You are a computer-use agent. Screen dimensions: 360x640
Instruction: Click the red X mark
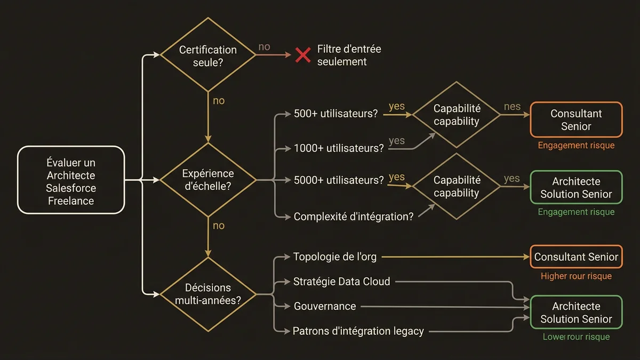(x=303, y=55)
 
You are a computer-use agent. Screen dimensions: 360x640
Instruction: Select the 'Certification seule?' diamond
(x=208, y=55)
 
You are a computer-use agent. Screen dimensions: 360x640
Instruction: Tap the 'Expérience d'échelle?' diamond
(x=208, y=180)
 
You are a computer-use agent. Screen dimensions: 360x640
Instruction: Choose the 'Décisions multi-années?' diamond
(x=208, y=294)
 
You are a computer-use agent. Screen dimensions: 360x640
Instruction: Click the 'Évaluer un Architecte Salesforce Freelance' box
(x=71, y=181)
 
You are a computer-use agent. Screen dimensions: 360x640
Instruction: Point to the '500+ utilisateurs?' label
(x=336, y=114)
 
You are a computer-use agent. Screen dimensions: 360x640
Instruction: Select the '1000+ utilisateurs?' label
(x=339, y=148)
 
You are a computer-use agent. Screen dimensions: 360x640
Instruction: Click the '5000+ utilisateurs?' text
(x=339, y=180)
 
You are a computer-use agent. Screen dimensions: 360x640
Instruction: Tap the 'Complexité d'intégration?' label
(x=354, y=217)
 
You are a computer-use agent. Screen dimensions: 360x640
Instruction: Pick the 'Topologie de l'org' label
(x=335, y=257)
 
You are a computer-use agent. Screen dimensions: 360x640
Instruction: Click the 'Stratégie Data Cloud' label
(x=342, y=281)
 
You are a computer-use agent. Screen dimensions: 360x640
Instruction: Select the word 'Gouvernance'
(x=325, y=306)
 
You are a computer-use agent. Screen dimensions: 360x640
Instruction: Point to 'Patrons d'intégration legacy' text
(x=358, y=331)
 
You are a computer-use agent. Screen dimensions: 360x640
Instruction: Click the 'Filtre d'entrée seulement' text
(x=349, y=55)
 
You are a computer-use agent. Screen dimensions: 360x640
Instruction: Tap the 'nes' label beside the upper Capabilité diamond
(x=512, y=107)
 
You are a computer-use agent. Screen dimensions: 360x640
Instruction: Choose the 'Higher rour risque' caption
(x=576, y=276)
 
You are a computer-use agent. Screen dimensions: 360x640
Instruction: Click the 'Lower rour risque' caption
(x=576, y=337)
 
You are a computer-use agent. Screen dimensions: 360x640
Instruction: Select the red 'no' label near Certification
(x=264, y=47)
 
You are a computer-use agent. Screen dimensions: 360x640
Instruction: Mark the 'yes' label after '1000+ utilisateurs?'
(x=397, y=141)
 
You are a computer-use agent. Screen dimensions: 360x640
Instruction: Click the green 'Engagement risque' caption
(x=576, y=212)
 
